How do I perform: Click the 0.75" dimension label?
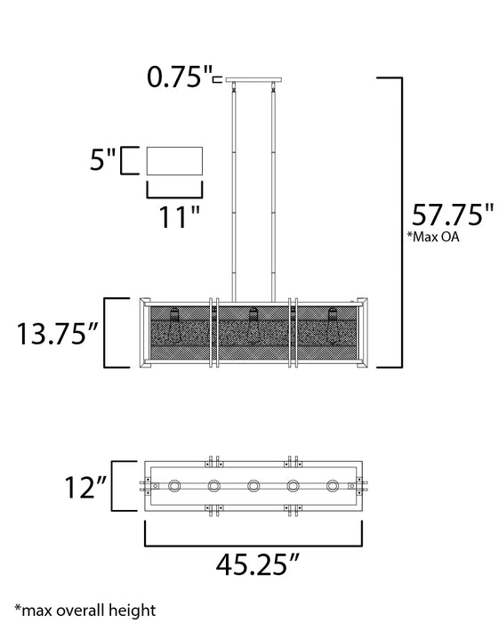180,78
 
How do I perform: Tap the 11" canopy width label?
174,216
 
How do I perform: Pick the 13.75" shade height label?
53,334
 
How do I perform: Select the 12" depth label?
85,487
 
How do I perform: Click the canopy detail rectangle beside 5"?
174,162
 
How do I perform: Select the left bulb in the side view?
175,325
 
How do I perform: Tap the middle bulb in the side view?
254,325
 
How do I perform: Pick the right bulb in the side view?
332,325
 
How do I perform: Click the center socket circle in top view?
254,486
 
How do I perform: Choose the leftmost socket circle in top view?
175,486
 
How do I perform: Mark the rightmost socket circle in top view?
332,486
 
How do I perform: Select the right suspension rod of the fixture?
270,191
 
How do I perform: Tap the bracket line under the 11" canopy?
174,190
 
